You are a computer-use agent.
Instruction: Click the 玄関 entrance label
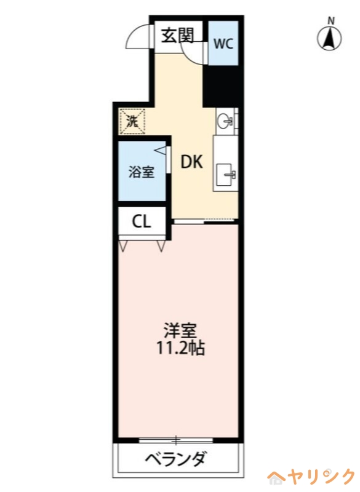(177, 36)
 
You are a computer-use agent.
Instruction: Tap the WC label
(223, 44)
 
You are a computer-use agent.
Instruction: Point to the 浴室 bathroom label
(141, 172)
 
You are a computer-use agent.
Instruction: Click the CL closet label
(142, 222)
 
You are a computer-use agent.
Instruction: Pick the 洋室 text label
(180, 331)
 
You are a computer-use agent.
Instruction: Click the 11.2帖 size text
(180, 349)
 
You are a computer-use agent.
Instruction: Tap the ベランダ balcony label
(176, 459)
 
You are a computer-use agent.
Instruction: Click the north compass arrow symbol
(330, 39)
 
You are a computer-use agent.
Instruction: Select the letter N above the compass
(330, 21)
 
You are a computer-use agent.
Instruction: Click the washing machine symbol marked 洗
(132, 121)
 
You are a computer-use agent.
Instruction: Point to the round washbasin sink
(225, 120)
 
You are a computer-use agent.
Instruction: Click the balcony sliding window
(176, 440)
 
